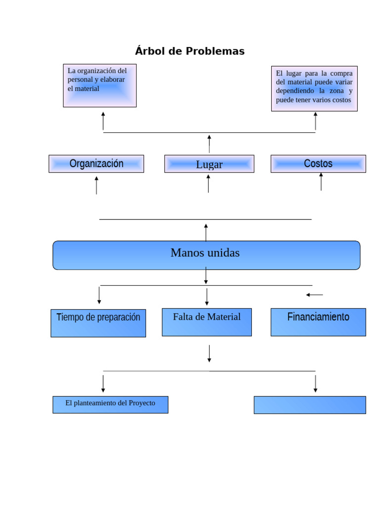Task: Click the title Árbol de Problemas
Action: click(x=190, y=51)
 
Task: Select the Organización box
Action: click(x=96, y=164)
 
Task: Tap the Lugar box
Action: click(x=209, y=164)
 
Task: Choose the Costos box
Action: click(x=318, y=164)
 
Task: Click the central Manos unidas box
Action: click(x=206, y=255)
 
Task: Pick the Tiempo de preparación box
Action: click(x=98, y=323)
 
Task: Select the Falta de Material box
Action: click(x=206, y=322)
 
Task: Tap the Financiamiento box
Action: click(x=318, y=322)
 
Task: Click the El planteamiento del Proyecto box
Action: click(x=110, y=405)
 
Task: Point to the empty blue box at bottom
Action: click(x=310, y=405)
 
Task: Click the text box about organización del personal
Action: click(x=99, y=85)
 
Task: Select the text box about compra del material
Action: click(x=314, y=88)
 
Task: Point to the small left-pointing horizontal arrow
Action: click(x=314, y=295)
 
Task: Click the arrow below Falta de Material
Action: click(x=209, y=353)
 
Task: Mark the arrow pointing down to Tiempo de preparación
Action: click(x=99, y=295)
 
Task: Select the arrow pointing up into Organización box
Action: click(x=96, y=185)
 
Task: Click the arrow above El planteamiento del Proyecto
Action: click(x=103, y=383)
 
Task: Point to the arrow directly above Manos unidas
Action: click(x=206, y=232)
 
